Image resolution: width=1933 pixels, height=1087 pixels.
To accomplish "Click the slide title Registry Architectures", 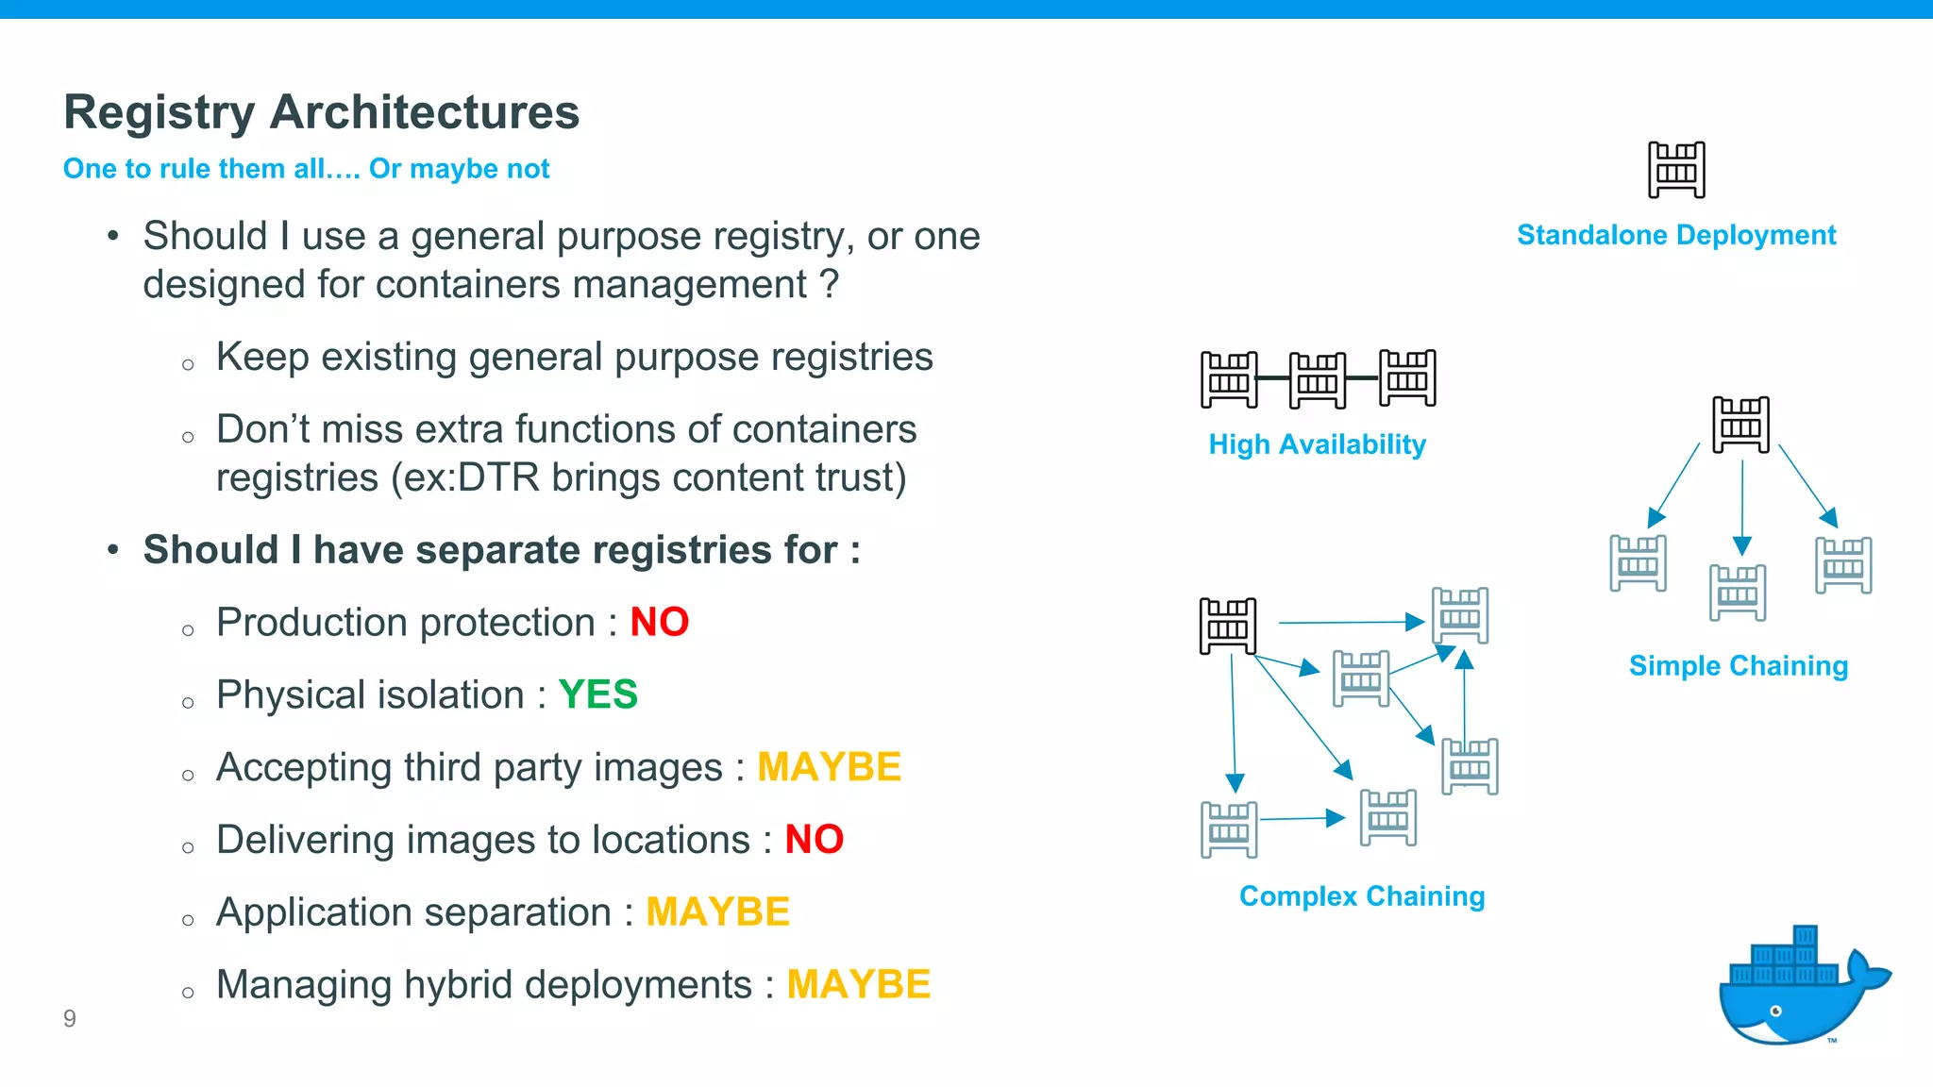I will (321, 112).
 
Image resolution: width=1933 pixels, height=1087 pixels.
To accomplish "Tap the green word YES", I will (597, 695).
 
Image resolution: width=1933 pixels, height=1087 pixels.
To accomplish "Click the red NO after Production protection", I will (659, 623).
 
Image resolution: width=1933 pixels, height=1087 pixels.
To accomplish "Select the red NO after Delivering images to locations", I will (814, 840).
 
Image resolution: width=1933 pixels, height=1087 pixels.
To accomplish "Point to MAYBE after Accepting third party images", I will (829, 767).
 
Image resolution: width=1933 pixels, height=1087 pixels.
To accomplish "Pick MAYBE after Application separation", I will (717, 912).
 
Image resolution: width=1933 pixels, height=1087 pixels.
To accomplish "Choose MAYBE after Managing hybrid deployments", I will (858, 985).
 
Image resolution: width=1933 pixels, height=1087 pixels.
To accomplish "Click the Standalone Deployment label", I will (1676, 235).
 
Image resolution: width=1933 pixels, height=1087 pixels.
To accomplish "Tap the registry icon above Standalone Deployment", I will (1676, 170).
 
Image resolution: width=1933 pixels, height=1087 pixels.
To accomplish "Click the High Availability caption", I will (1317, 444).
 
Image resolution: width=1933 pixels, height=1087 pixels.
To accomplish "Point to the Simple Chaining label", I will (1738, 666).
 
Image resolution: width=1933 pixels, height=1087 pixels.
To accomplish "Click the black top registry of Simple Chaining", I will (1740, 425).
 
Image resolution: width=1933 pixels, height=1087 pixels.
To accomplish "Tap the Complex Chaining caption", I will (1362, 896).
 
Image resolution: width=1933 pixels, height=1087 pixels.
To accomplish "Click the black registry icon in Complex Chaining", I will (1227, 626).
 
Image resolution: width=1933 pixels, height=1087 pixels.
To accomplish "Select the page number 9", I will (70, 1018).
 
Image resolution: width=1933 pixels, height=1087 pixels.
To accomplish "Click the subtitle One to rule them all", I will (306, 169).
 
